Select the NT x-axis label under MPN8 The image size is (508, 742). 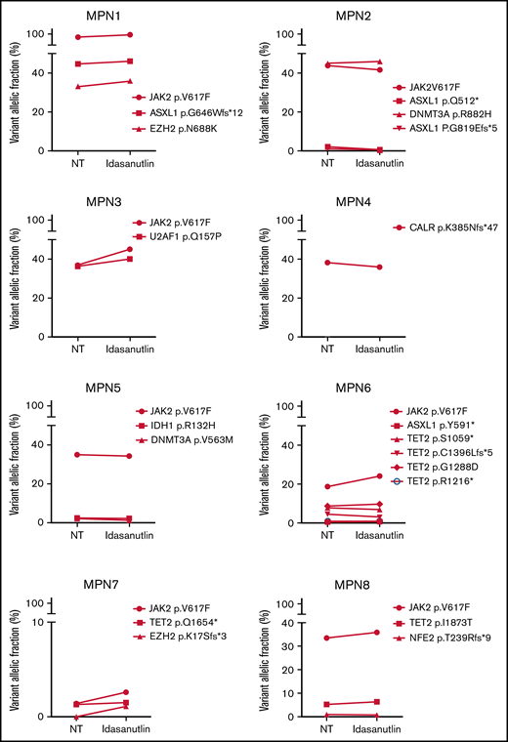[327, 728]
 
